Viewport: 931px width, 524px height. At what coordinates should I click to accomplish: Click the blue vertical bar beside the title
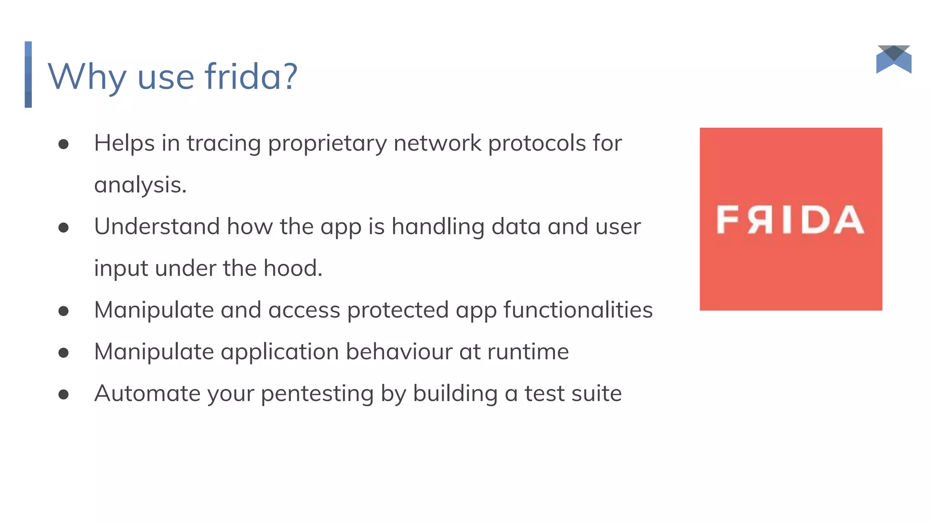tap(28, 75)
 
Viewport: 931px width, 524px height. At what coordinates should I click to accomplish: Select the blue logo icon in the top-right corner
tap(894, 60)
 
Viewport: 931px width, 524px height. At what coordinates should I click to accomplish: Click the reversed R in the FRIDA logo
tap(760, 220)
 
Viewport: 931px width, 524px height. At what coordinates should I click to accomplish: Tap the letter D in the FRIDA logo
tap(816, 220)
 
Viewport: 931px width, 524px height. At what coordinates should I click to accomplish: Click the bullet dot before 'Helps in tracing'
tap(64, 144)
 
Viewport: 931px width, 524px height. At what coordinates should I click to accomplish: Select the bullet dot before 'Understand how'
tap(64, 227)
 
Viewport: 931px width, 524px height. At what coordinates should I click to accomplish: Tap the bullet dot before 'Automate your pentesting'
tap(64, 394)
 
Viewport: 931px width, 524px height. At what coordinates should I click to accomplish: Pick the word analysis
tap(140, 185)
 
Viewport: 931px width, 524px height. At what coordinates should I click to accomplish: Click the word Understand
tap(157, 227)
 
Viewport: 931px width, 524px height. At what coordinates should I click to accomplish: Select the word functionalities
tap(578, 310)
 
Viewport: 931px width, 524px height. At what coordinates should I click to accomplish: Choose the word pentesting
tap(317, 394)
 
